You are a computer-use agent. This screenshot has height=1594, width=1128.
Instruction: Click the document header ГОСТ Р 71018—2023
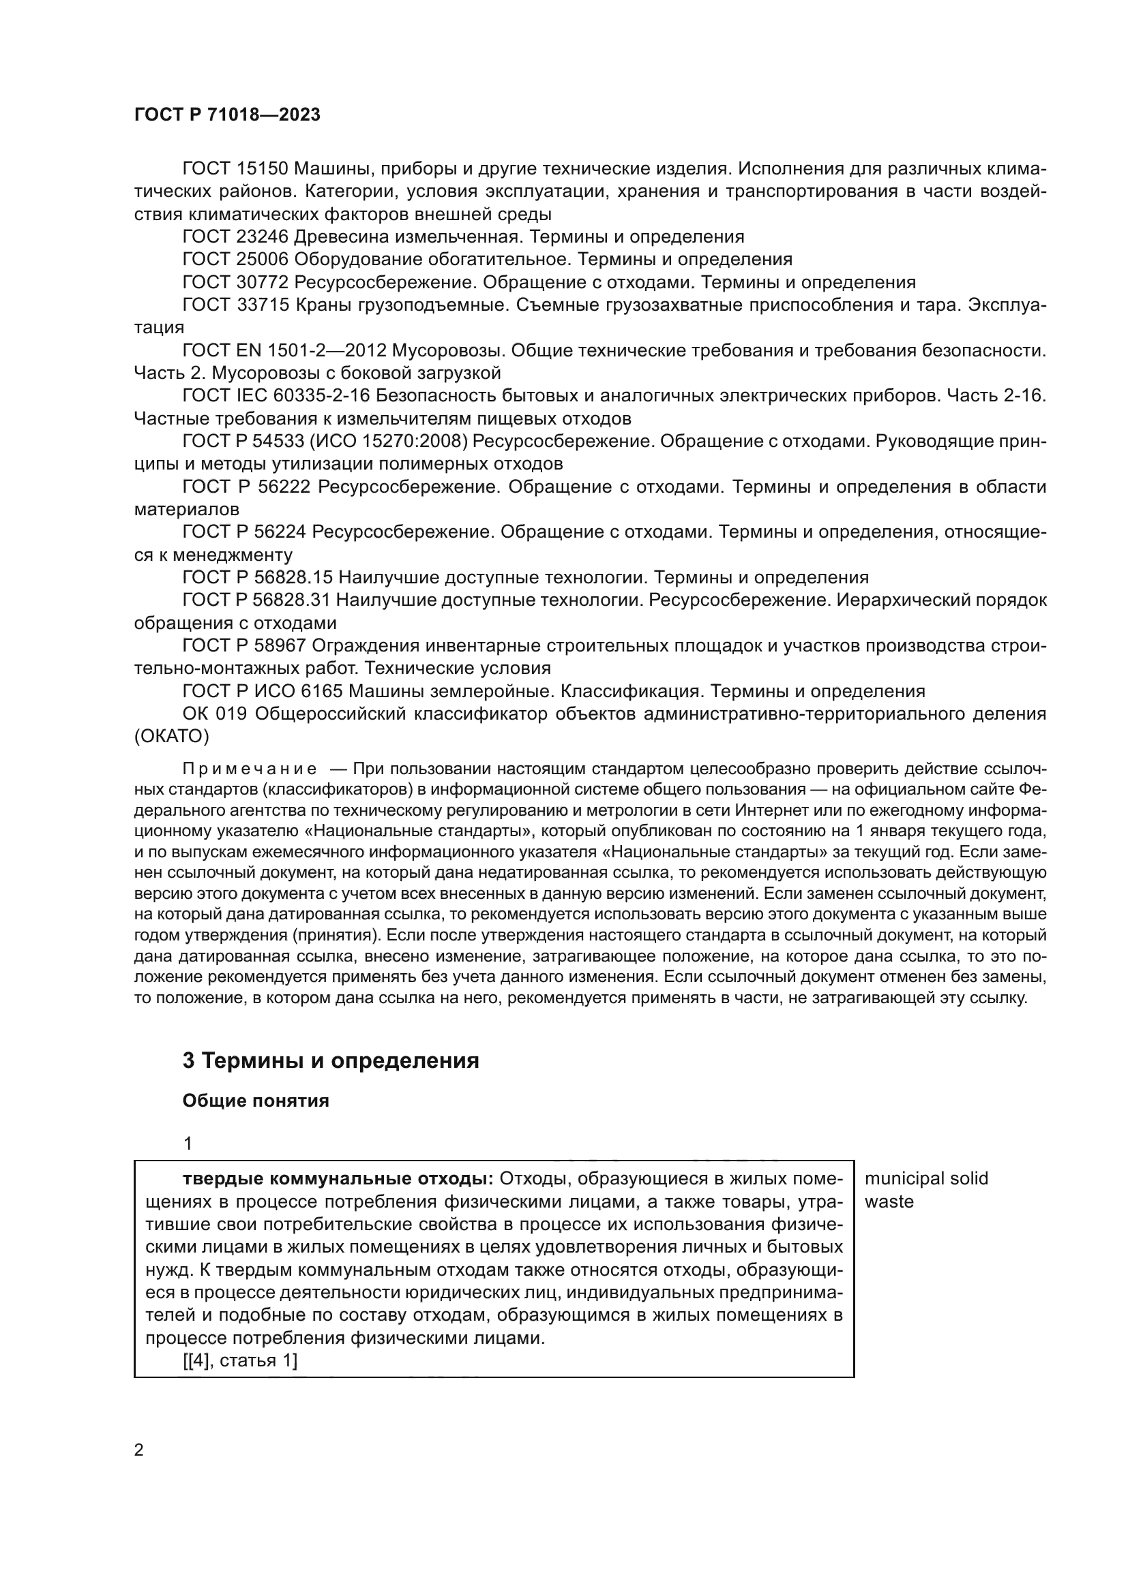(x=227, y=115)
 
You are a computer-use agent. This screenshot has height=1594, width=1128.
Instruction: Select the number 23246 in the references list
(x=262, y=236)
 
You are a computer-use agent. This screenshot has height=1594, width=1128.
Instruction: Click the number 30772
(x=262, y=283)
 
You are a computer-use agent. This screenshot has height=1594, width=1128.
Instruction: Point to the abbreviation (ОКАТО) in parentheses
(x=172, y=736)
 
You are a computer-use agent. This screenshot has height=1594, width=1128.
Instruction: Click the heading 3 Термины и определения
(x=331, y=1061)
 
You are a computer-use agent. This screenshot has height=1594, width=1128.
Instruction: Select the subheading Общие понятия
(x=255, y=1101)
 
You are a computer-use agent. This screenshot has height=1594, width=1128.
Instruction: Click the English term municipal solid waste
(x=925, y=1190)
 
